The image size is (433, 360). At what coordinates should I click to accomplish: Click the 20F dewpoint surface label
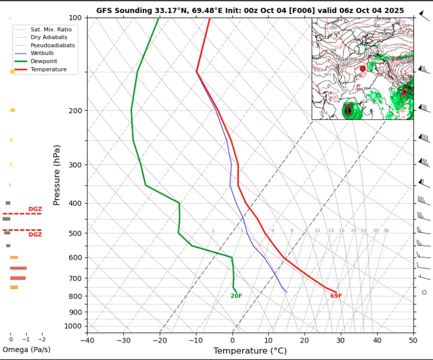pyautogui.click(x=236, y=296)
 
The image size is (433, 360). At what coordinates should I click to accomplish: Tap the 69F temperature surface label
pyautogui.click(x=336, y=296)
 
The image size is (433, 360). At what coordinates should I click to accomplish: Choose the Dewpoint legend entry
pyautogui.click(x=44, y=61)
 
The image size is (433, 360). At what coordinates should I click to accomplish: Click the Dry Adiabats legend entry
pyautogui.click(x=49, y=38)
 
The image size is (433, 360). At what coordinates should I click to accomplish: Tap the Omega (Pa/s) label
pyautogui.click(x=26, y=349)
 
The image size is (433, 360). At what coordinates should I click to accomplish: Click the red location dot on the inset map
pyautogui.click(x=363, y=69)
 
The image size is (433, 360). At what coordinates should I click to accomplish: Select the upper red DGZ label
pyautogui.click(x=35, y=209)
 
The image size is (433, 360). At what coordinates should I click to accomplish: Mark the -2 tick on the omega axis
pyautogui.click(x=42, y=339)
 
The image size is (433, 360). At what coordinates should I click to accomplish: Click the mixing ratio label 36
pyautogui.click(x=386, y=231)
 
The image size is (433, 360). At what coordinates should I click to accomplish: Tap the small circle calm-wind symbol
pyautogui.click(x=424, y=292)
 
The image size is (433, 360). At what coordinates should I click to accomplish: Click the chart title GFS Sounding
pyautogui.click(x=257, y=11)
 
